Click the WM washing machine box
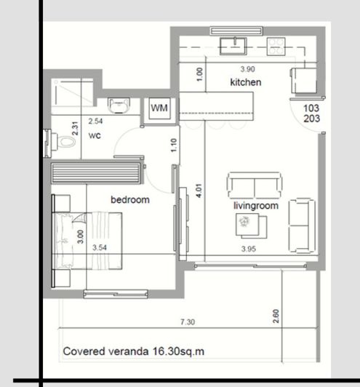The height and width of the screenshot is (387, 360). tap(160, 108)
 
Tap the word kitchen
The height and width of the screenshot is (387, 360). tap(245, 83)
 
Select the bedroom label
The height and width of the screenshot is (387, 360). tap(129, 199)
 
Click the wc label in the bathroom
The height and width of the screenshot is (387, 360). tap(94, 135)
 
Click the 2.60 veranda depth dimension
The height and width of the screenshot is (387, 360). tap(277, 316)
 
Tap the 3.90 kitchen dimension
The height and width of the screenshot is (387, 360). tap(248, 70)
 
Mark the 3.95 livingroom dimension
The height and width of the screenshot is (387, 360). tap(250, 250)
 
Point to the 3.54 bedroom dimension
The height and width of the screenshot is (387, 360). tap(100, 247)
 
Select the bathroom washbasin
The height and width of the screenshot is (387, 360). tap(119, 106)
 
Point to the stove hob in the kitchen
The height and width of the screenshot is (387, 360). tap(276, 47)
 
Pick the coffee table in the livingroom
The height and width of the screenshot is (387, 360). tap(245, 226)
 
